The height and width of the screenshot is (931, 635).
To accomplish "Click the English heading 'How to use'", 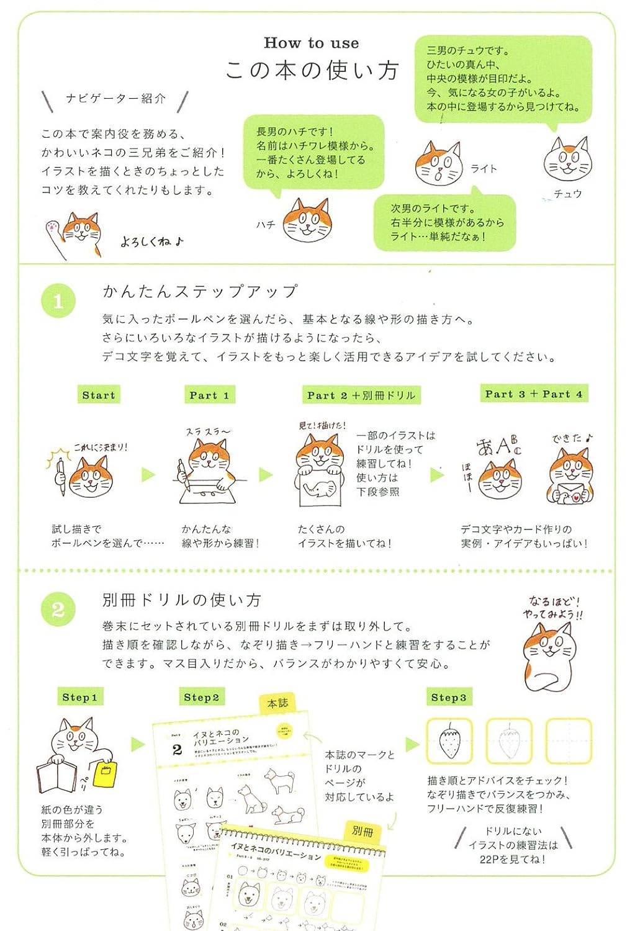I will (x=311, y=43).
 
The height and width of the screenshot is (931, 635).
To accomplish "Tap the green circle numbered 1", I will (x=58, y=302).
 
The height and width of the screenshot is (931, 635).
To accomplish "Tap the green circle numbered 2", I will (x=58, y=609).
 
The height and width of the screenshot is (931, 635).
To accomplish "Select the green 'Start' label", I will (x=98, y=395).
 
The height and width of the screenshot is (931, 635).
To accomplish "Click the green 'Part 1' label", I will (x=209, y=395).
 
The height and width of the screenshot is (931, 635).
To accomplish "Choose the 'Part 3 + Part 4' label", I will (x=533, y=394).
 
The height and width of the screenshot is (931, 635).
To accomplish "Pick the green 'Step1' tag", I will (x=79, y=697).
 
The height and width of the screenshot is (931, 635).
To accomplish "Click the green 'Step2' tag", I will (x=201, y=697).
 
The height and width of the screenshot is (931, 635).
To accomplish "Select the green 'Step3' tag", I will (x=448, y=697).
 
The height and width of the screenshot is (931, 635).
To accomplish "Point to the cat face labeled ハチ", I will (x=307, y=221).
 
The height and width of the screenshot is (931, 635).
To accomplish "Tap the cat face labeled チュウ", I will (x=567, y=160).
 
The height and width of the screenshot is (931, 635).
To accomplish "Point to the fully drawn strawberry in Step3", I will (x=449, y=741).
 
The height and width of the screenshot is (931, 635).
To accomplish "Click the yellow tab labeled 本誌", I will (x=277, y=703).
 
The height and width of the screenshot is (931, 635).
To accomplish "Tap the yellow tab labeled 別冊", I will (x=362, y=830).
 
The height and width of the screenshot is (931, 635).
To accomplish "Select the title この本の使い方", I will (x=311, y=70).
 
